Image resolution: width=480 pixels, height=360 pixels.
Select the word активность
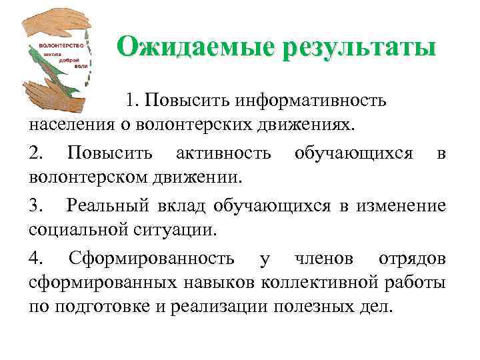[x=223, y=154]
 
